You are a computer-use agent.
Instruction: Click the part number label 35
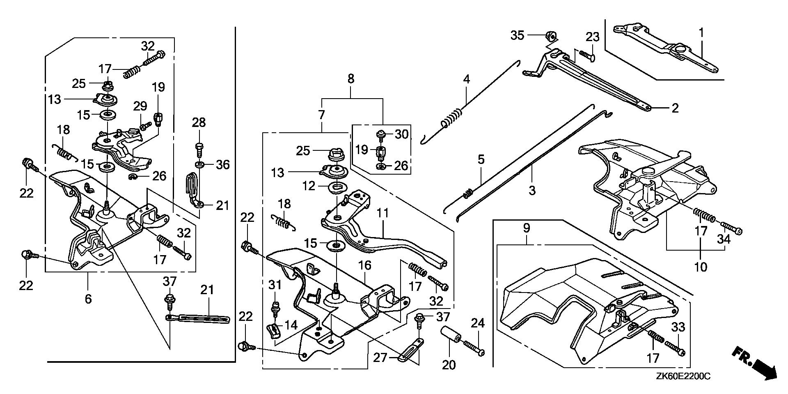(x=517, y=35)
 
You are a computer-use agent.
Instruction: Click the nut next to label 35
(x=550, y=37)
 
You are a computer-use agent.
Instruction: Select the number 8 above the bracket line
(x=350, y=78)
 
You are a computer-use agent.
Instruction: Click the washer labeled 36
(x=200, y=165)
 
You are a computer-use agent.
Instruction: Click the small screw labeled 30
(x=380, y=134)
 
